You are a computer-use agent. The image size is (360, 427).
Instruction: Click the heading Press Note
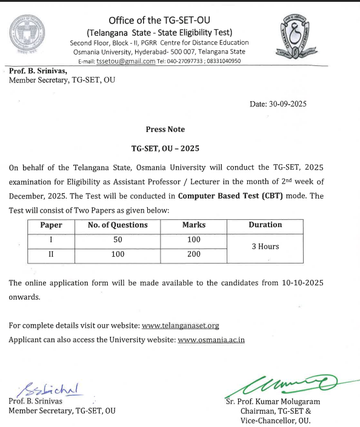click(165, 129)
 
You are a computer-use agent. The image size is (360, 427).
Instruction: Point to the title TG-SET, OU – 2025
click(165, 148)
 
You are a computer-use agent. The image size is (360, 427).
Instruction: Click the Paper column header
click(52, 225)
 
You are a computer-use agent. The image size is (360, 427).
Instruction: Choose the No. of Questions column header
click(118, 225)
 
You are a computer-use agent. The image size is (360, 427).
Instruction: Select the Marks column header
click(194, 225)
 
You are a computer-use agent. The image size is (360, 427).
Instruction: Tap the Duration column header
click(265, 225)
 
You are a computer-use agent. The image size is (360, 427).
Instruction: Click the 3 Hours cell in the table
click(265, 247)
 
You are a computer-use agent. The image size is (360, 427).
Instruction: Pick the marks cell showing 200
click(194, 254)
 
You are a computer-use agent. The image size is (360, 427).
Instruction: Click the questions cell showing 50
click(118, 240)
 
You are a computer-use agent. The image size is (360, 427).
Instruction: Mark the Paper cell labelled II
click(52, 254)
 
